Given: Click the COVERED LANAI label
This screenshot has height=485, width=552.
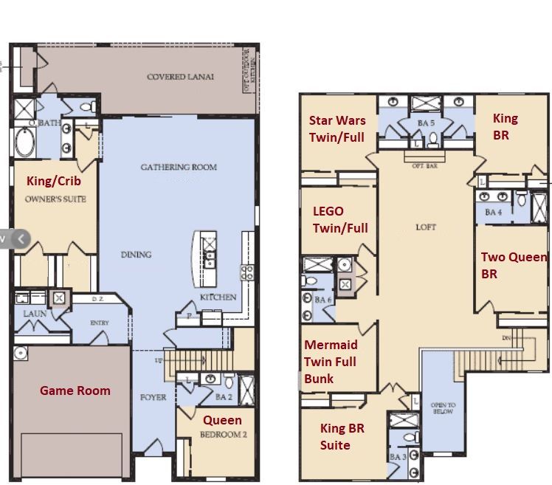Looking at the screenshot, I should click(180, 77).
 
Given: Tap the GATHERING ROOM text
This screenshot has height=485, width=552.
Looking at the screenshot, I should click(179, 167).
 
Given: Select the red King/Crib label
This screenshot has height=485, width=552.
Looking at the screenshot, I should click(54, 181).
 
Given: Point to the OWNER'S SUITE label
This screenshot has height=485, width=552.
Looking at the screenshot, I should click(55, 199).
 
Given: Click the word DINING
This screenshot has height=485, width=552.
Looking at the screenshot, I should click(136, 255).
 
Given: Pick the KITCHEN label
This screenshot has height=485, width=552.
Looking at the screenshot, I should click(218, 297).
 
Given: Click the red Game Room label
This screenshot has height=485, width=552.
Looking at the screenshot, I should click(75, 391).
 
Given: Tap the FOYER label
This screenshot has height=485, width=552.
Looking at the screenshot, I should click(153, 397).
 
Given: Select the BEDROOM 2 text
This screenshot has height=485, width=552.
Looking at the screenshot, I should click(223, 435).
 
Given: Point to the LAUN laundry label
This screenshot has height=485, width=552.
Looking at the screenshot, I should click(35, 313).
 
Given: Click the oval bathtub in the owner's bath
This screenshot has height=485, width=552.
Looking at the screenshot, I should click(24, 142).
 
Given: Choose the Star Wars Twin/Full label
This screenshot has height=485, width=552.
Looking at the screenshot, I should click(337, 128).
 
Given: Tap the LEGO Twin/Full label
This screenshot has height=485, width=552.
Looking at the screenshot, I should click(339, 220).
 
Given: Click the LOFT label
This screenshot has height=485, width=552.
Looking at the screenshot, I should click(425, 227).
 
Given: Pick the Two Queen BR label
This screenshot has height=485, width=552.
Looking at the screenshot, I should click(514, 265).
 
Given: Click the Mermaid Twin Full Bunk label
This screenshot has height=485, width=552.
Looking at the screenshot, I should click(330, 362).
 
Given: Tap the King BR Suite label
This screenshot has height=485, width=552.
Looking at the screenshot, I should click(342, 436).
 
